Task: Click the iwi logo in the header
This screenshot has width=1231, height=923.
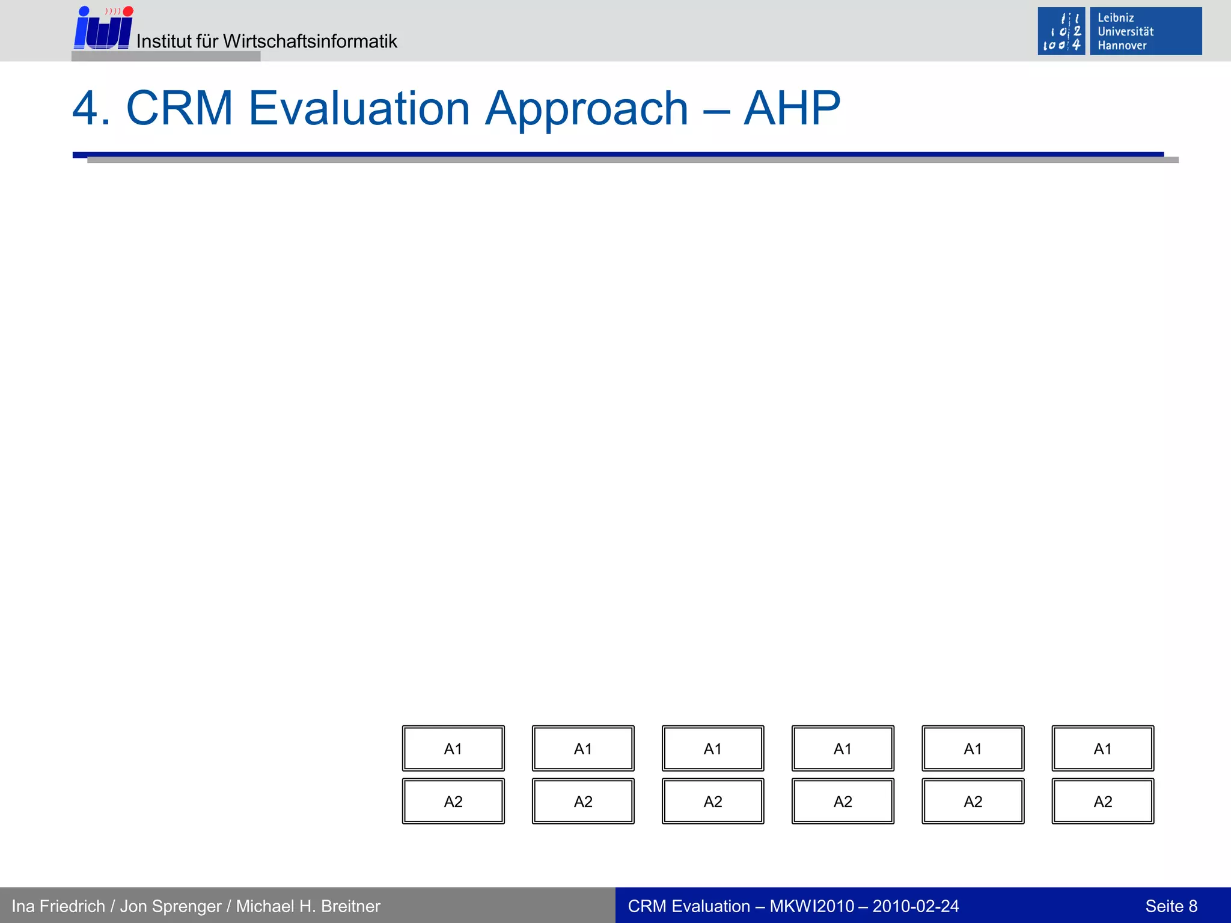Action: click(103, 29)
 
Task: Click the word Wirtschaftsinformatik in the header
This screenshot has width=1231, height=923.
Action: click(310, 41)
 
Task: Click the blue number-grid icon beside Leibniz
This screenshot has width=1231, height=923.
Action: click(1061, 31)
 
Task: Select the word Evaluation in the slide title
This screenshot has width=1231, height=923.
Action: click(358, 109)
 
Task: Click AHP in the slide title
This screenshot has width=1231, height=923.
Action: click(792, 109)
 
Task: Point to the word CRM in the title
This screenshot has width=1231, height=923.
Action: click(179, 109)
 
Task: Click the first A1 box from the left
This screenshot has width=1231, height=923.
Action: click(453, 749)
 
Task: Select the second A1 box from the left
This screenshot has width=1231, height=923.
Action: click(583, 749)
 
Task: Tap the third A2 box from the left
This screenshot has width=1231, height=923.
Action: click(713, 802)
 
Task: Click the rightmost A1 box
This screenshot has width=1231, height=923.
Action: click(1102, 749)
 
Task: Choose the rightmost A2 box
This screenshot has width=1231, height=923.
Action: click(1102, 802)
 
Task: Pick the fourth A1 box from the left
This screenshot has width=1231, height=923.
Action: click(843, 749)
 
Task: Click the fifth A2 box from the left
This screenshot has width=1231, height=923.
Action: click(973, 802)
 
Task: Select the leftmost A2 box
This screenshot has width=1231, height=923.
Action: click(453, 802)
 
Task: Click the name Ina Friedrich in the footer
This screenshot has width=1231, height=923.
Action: click(58, 906)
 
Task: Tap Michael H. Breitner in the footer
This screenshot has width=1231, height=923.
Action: click(308, 906)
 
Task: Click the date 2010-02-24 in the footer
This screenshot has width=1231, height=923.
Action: click(915, 906)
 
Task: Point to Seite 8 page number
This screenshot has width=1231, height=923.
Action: click(1171, 906)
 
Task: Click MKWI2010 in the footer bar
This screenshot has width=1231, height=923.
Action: click(811, 906)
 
